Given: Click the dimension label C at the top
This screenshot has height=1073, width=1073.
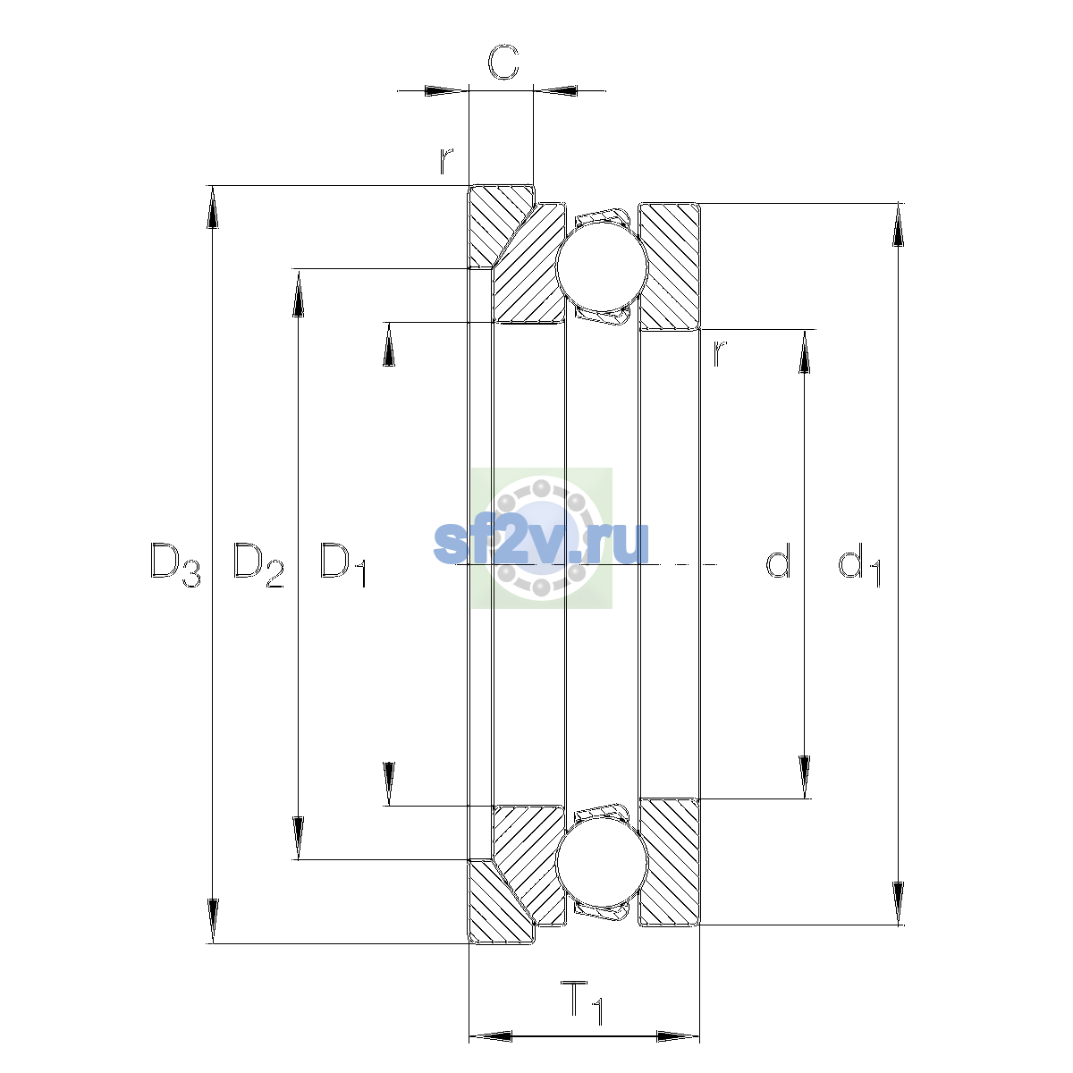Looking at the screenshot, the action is [x=503, y=62].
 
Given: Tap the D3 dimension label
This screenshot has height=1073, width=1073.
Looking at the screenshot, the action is [x=175, y=564].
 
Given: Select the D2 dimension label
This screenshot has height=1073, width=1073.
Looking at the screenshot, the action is [x=258, y=564].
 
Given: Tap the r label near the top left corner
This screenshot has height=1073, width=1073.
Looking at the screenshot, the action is [x=445, y=161].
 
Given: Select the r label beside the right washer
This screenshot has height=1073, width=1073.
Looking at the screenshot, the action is [x=720, y=352].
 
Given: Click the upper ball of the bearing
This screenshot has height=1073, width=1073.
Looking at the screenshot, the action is [x=602, y=266].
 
